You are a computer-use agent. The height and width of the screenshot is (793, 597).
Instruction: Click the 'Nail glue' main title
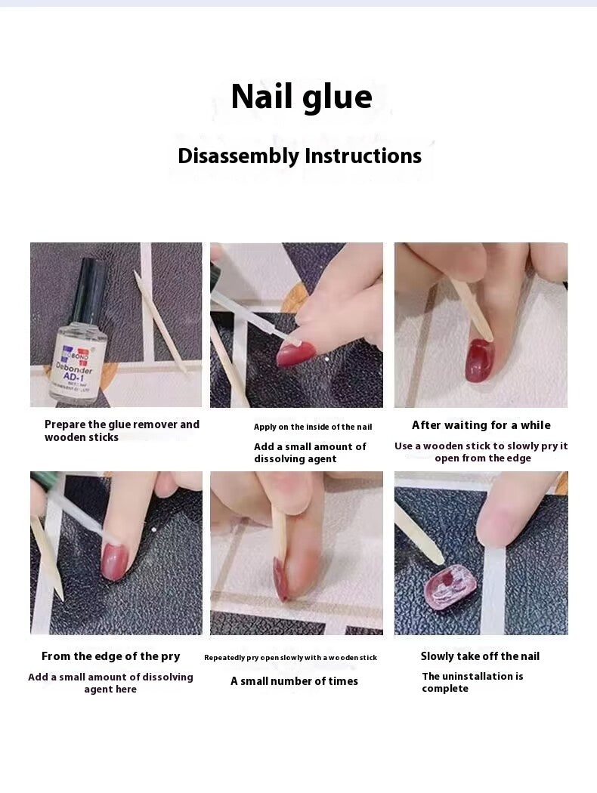[x=301, y=97]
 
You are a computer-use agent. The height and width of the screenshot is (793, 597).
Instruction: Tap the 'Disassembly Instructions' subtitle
[x=299, y=156]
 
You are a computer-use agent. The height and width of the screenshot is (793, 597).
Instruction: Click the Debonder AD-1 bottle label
[x=79, y=371]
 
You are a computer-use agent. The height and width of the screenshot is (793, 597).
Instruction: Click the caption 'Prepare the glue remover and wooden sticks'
[x=121, y=430]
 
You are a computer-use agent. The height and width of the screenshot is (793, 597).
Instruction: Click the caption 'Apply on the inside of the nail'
[x=312, y=427]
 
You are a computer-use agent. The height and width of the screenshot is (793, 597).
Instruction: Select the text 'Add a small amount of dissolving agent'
[x=310, y=452]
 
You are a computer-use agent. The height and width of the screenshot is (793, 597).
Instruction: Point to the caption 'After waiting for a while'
[x=481, y=425]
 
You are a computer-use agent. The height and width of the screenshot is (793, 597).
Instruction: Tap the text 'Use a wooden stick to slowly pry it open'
[x=481, y=452]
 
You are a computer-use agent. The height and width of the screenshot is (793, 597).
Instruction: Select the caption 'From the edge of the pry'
[x=110, y=656]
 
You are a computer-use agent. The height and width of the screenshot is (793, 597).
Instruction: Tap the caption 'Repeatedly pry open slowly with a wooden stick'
[x=290, y=658]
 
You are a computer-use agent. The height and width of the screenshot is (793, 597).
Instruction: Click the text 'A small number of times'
[x=294, y=681]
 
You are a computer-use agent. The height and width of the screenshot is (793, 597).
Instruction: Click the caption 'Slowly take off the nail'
[x=480, y=656]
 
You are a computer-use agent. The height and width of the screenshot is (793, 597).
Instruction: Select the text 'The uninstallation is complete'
[x=472, y=682]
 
